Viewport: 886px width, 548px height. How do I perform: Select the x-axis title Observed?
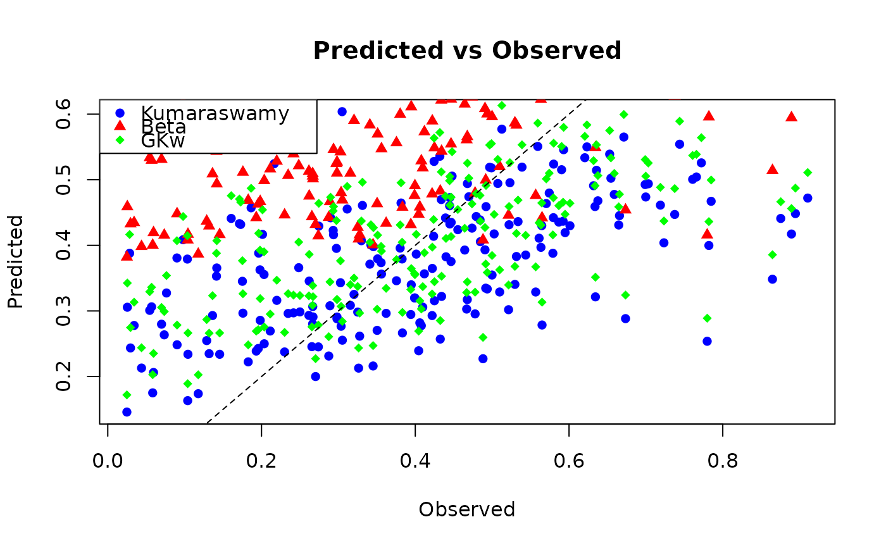[x=467, y=509]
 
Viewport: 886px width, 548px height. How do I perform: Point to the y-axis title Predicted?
[x=15, y=261]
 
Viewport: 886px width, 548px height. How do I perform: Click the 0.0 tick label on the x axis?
[x=108, y=460]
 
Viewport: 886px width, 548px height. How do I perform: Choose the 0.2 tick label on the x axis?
[x=261, y=460]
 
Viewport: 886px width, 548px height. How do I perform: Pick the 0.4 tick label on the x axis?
[x=415, y=460]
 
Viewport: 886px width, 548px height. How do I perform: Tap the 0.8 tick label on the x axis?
[x=723, y=460]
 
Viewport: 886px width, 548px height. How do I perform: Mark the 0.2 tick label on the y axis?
[x=63, y=377]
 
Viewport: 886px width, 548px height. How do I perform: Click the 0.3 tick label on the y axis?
[x=63, y=311]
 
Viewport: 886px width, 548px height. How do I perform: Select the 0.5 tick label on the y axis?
[x=63, y=180]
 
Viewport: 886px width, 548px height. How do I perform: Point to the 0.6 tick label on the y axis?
[x=63, y=114]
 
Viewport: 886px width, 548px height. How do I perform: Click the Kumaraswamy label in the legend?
[x=215, y=113]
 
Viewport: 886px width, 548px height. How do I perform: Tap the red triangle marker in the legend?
[x=121, y=127]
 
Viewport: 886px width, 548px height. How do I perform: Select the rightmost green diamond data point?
[x=808, y=172]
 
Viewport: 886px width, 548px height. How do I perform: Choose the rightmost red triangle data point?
[x=791, y=116]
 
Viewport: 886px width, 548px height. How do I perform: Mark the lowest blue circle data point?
[x=127, y=412]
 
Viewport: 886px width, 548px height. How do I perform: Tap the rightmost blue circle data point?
[x=808, y=198]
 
